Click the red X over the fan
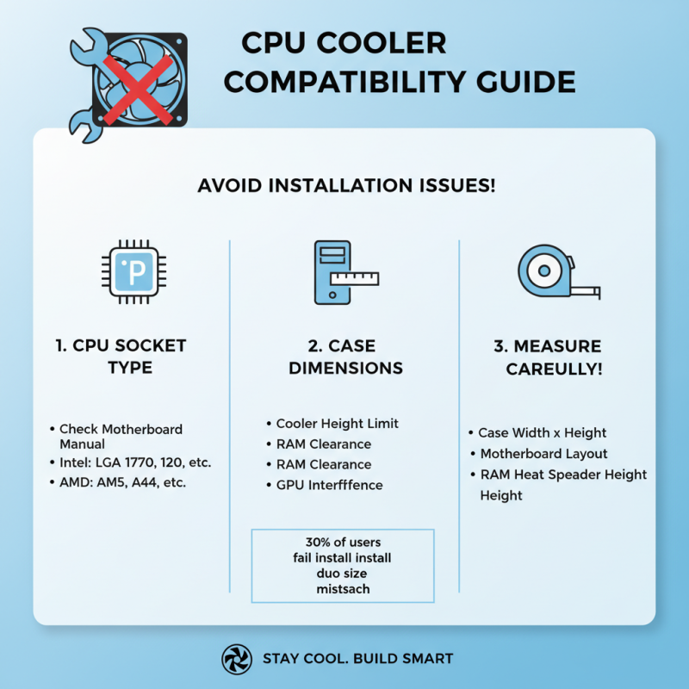[133, 84]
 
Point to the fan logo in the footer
[235, 659]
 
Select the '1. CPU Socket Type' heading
[121, 357]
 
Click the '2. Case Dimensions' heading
[344, 357]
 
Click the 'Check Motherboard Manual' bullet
[120, 436]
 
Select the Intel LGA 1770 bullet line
[134, 462]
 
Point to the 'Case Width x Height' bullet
[543, 432]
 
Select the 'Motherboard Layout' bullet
[543, 453]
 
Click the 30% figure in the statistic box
[320, 543]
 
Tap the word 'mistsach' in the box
[342, 588]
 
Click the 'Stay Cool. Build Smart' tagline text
[357, 659]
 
